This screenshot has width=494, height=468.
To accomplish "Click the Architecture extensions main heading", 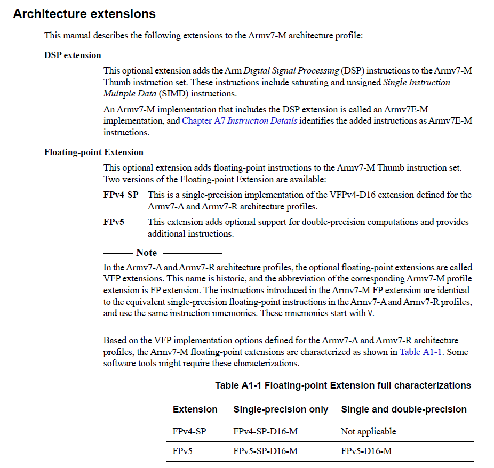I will coord(84,14).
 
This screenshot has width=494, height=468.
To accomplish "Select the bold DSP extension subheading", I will coord(73,55).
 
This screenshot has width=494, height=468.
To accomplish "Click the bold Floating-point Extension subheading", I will coord(93,152).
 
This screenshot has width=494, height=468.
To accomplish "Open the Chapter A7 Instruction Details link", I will coord(240,120).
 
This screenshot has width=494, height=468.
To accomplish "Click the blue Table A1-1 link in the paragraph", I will coord(420,352).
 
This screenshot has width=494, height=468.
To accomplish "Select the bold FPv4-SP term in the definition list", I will coord(121,195).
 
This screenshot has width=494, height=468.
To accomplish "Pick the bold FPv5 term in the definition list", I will coord(114,222).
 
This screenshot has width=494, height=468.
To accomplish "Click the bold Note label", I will coord(146,253).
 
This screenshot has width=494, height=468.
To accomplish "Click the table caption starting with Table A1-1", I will coord(343,385).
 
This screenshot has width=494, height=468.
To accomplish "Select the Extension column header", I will coord(195,409).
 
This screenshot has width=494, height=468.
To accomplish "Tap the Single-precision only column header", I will coord(281,409).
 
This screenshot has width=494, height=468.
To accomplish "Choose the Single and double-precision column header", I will coord(403,409).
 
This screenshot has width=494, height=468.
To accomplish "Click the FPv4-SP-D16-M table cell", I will coord(265,431).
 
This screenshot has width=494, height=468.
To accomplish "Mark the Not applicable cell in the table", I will coord(368,431).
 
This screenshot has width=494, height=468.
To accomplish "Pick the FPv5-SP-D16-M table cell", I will coord(265,451).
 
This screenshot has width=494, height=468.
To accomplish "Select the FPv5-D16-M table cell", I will coord(366,451).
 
